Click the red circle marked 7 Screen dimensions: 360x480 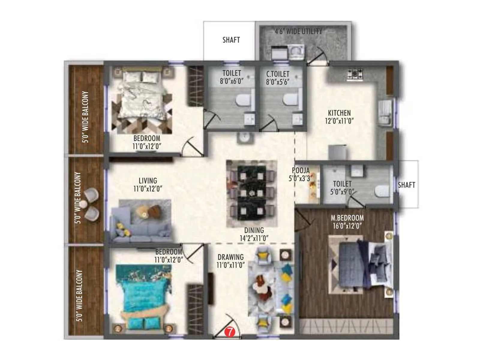[229, 332]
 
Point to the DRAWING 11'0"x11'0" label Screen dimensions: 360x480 [230, 261]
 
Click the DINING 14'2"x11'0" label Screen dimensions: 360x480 [254, 234]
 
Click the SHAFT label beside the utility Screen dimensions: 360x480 [231, 40]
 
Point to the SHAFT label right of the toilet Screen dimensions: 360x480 [406, 185]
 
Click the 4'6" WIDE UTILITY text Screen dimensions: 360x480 [298, 31]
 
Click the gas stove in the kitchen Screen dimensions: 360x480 [355, 74]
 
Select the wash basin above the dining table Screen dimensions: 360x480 [246, 138]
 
